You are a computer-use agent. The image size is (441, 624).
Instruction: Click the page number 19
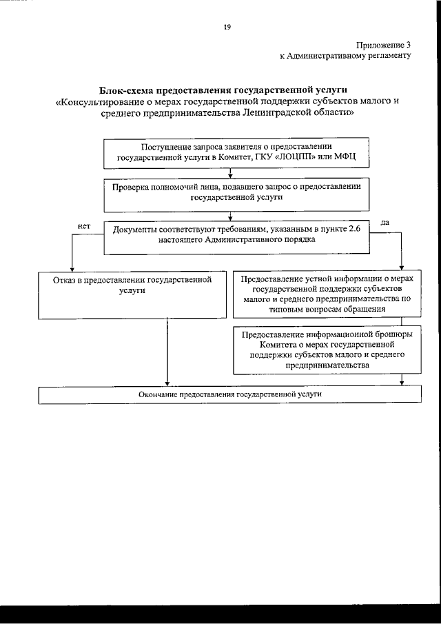(x=227, y=27)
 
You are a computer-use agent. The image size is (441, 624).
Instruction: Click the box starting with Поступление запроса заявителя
(x=238, y=152)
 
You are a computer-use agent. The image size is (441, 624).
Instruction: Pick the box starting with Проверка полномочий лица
(x=238, y=195)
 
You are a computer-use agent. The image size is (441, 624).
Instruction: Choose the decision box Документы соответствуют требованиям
(x=237, y=236)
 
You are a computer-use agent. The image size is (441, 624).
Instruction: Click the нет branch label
(x=84, y=225)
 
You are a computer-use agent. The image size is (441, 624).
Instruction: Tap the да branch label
(x=385, y=223)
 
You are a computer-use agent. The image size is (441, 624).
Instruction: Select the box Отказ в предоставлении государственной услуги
(x=132, y=295)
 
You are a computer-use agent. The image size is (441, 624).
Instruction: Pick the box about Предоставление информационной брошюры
(x=327, y=350)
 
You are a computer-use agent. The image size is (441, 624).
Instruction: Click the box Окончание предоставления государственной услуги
(x=230, y=394)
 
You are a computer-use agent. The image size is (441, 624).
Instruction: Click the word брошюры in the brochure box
(x=395, y=334)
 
